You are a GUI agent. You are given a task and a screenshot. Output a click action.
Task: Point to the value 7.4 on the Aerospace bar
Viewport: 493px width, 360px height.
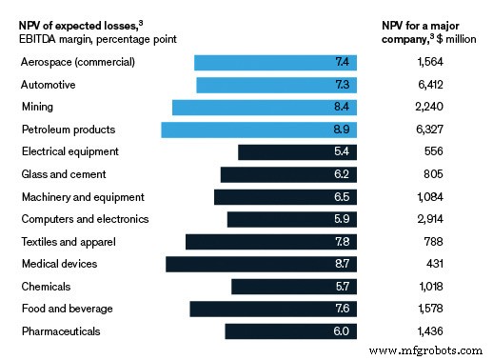(344, 63)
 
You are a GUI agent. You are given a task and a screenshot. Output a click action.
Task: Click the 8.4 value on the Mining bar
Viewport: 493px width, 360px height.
(344, 108)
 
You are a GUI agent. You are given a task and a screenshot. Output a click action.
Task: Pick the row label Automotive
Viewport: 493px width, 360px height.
(49, 85)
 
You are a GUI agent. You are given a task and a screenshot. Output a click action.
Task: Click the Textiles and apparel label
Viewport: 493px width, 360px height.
(67, 241)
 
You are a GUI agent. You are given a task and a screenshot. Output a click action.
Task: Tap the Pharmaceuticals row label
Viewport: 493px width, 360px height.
(61, 330)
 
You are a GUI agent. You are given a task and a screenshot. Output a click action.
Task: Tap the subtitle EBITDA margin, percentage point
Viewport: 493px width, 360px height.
(97, 38)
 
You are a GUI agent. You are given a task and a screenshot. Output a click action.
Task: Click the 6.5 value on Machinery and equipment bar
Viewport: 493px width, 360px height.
(344, 196)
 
